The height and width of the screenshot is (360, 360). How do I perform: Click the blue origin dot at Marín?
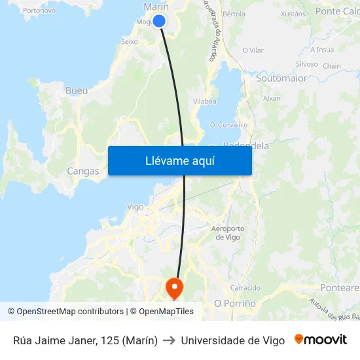(x=158, y=21)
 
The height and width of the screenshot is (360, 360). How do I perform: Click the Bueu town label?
(x=77, y=90)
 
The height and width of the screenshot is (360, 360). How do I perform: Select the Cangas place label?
(x=83, y=171)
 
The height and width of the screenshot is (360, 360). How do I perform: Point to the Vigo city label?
(x=135, y=207)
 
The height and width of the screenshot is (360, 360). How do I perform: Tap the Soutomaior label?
(x=281, y=78)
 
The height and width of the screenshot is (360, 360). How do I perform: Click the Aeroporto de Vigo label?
(x=228, y=232)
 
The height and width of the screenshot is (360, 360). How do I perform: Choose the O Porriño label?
(x=235, y=304)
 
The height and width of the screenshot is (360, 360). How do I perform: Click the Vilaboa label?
(x=205, y=101)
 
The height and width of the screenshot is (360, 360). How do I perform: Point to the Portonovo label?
(x=39, y=10)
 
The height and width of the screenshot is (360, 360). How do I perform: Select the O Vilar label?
(x=253, y=50)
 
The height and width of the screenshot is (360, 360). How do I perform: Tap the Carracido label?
(x=245, y=288)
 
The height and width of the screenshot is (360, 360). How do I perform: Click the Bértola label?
(x=234, y=13)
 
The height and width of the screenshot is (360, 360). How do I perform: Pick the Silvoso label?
(x=306, y=64)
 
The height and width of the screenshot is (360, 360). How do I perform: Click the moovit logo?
(x=321, y=340)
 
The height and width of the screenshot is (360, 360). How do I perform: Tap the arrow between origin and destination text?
(x=170, y=340)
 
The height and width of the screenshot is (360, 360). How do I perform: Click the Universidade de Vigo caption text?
(x=232, y=340)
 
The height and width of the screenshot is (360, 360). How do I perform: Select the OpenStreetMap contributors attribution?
(x=70, y=312)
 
